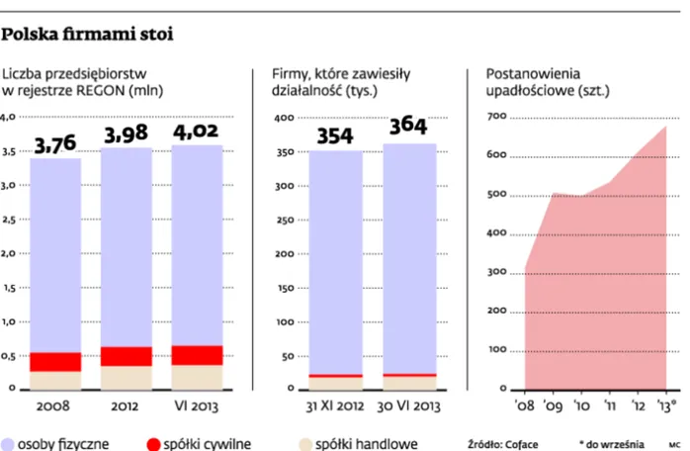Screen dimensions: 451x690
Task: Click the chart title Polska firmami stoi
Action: click(88, 36)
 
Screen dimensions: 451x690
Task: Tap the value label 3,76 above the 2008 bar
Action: click(55, 145)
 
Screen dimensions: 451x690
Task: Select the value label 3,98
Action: click(126, 135)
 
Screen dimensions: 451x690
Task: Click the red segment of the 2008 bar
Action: click(55, 362)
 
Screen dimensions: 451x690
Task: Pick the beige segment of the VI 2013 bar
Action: click(198, 377)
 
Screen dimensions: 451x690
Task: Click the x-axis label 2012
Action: click(126, 405)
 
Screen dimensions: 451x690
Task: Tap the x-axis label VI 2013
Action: click(198, 405)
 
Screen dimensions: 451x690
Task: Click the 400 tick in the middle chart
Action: click(286, 118)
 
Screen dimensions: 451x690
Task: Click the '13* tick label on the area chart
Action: click(666, 405)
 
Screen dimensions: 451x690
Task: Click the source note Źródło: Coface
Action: click(506, 444)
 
